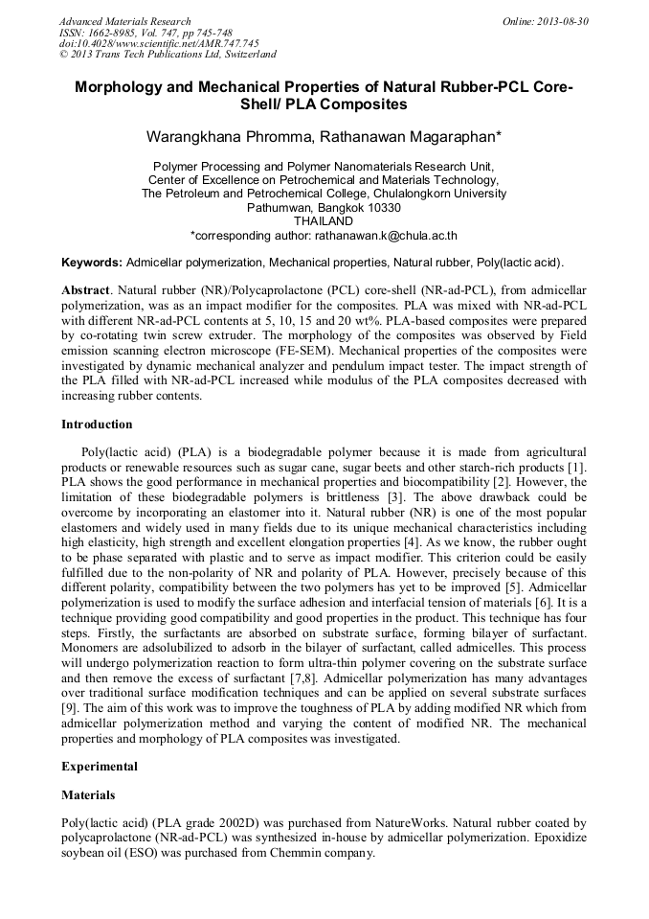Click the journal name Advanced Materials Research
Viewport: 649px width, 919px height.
pos(124,21)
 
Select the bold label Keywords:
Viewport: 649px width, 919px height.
pos(92,263)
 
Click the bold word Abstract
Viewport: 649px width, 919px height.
pos(85,288)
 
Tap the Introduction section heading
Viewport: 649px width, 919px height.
pos(97,425)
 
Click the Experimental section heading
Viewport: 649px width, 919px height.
pos(100,767)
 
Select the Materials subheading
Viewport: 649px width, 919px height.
pos(88,795)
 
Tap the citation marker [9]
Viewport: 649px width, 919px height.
pos(71,694)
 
